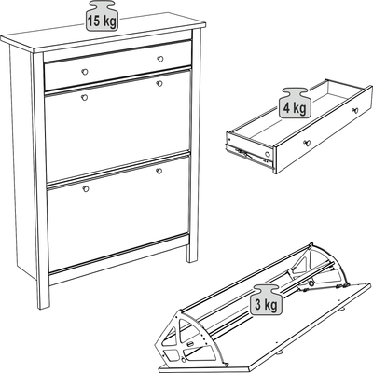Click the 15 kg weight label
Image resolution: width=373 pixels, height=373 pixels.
click(x=102, y=16)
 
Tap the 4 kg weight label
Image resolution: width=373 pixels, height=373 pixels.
click(x=294, y=103)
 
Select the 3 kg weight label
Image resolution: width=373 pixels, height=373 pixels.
click(x=267, y=299)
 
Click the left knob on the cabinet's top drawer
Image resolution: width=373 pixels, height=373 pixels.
click(x=85, y=72)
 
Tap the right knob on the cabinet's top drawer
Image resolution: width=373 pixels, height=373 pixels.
click(x=160, y=59)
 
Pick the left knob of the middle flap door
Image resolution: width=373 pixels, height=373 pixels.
click(x=84, y=98)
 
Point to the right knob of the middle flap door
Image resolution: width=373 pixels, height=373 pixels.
click(x=159, y=83)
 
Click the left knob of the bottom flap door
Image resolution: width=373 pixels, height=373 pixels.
click(x=86, y=188)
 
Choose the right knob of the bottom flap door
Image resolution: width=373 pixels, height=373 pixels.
click(x=159, y=171)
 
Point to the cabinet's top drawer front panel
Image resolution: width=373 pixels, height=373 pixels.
click(x=117, y=65)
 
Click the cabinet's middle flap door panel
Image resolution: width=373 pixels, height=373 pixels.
click(x=117, y=126)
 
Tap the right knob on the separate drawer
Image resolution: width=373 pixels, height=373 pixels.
click(x=355, y=110)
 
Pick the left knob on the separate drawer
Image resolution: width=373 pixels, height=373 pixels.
click(x=307, y=143)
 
